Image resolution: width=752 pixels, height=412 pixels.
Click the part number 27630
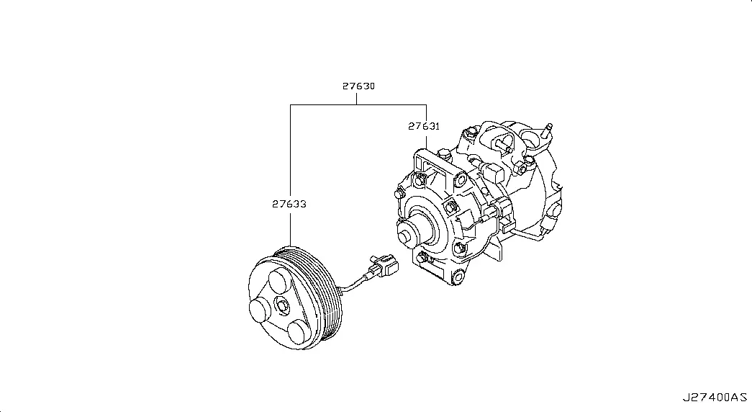pyautogui.click(x=358, y=86)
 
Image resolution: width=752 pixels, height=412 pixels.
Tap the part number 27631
pyautogui.click(x=424, y=126)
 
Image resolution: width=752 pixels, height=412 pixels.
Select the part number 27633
pyautogui.click(x=289, y=204)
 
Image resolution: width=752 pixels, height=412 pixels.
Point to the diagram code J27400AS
pyautogui.click(x=715, y=398)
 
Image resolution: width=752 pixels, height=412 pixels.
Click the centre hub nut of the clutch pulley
pyautogui.click(x=281, y=305)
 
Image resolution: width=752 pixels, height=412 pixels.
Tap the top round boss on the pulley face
pyautogui.click(x=278, y=282)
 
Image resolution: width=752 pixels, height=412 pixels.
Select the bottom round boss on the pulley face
pyautogui.click(x=299, y=332)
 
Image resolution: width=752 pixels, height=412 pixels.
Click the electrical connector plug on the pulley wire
pyautogui.click(x=384, y=266)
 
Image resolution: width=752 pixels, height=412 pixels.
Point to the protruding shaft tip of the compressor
pyautogui.click(x=405, y=237)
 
